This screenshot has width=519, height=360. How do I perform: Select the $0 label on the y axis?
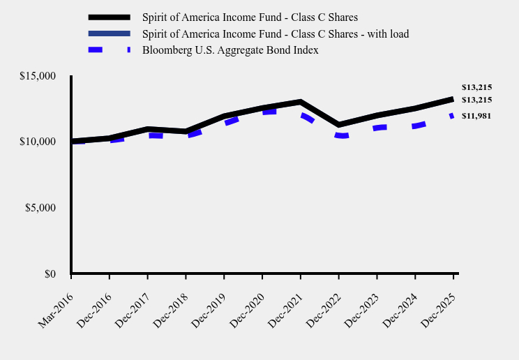click(50, 274)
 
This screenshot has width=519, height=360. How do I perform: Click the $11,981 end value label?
click(476, 116)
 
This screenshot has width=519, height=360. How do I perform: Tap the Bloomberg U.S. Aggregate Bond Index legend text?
click(230, 50)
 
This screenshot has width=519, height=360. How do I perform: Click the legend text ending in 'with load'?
click(275, 33)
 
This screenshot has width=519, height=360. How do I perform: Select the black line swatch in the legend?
click(110, 17)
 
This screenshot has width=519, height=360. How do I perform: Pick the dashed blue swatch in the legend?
click(110, 50)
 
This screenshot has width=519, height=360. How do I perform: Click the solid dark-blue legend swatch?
click(110, 33)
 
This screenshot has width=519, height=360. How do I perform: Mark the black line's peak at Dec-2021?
click(300, 103)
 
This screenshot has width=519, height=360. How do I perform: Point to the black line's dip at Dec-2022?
click(338, 125)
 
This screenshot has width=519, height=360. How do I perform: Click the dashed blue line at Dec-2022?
click(338, 135)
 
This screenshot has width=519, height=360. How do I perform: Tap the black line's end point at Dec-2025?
click(453, 99)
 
